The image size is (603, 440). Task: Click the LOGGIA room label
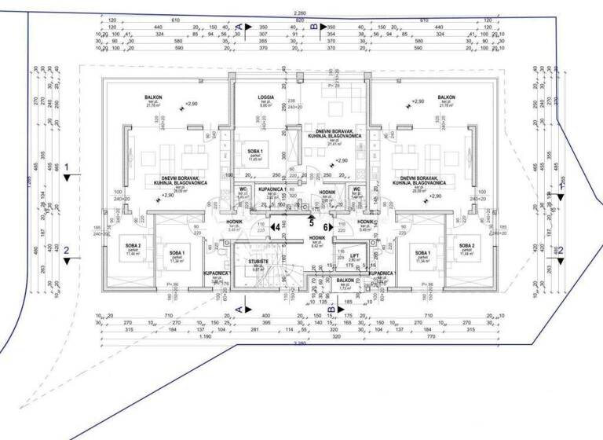click(x=266, y=97)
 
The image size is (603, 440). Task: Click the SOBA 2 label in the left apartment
click(x=132, y=246)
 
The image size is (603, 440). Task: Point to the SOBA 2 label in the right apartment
click(x=470, y=246)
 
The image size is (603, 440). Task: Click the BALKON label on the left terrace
click(x=153, y=97)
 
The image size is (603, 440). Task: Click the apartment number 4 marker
click(x=276, y=227)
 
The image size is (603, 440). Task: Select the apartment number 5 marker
click(x=311, y=222)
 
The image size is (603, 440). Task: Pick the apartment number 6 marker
click(x=327, y=227)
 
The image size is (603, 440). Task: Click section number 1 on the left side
click(x=68, y=167)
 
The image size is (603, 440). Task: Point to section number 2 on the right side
click(x=560, y=250)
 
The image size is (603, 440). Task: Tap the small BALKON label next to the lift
click(x=345, y=280)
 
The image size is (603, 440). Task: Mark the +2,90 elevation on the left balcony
click(x=192, y=104)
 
